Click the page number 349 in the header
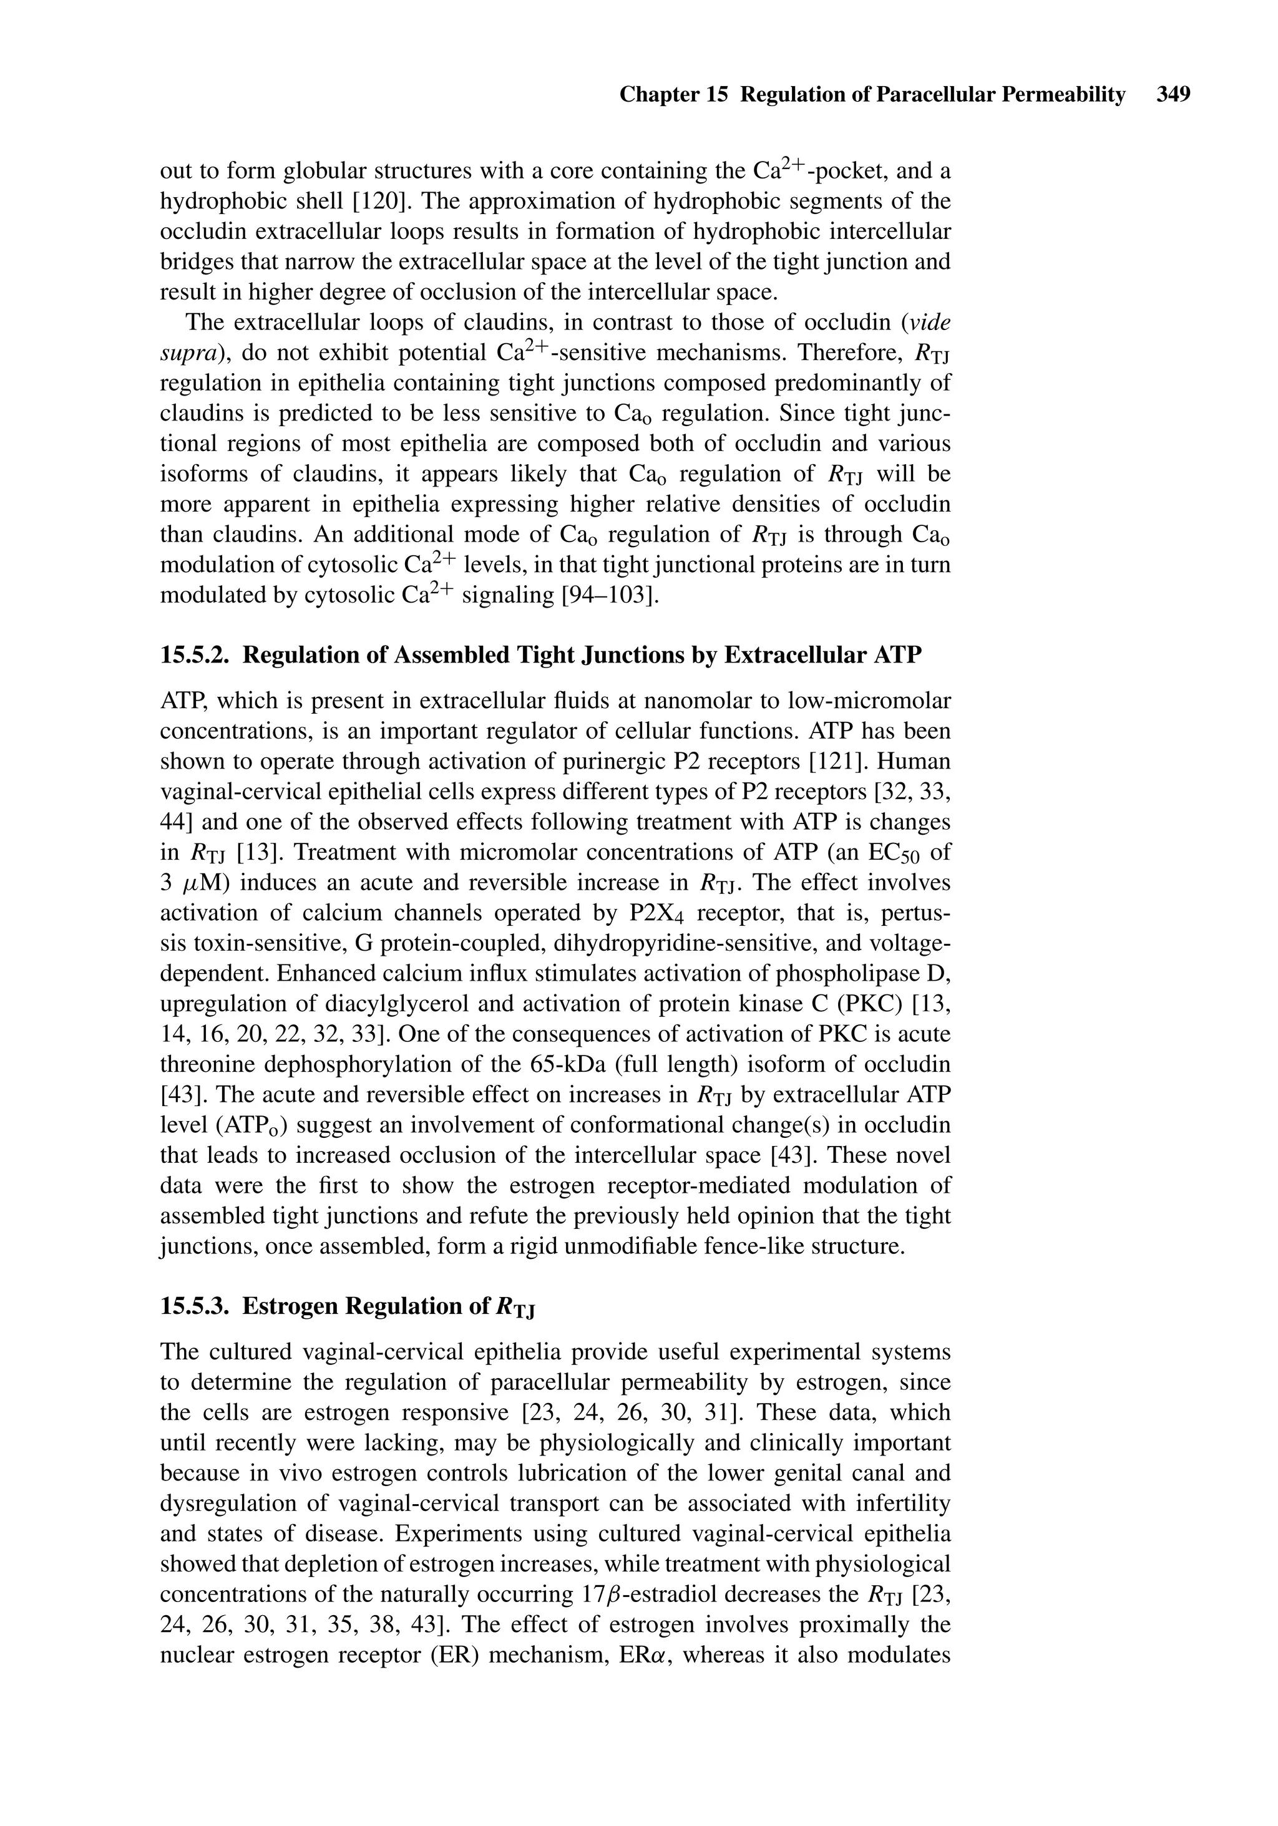pyautogui.click(x=1174, y=95)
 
